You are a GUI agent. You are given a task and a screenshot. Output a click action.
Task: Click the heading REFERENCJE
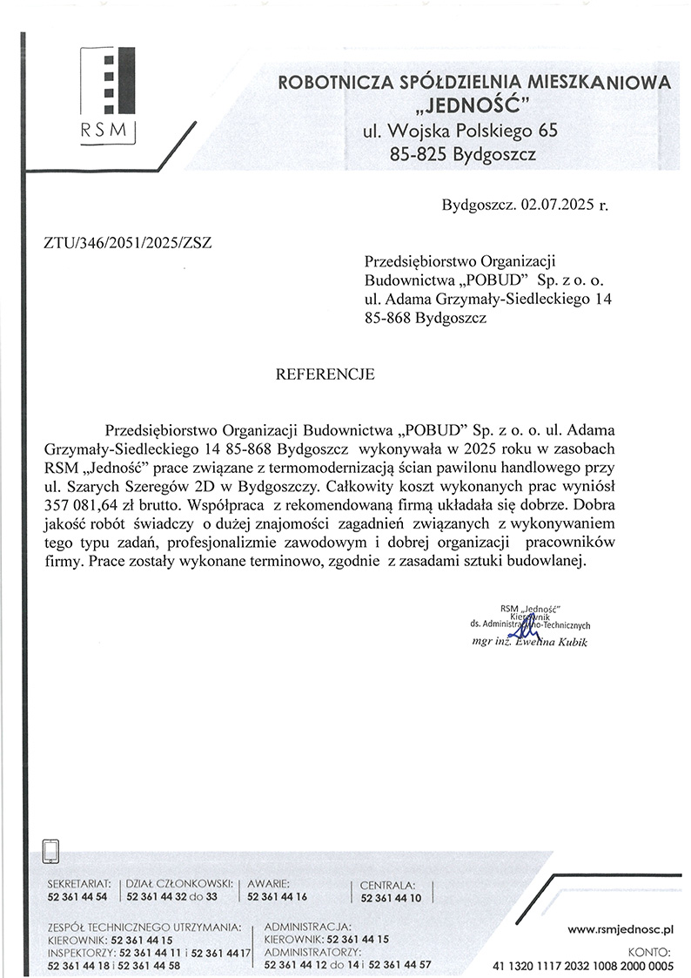point(325,375)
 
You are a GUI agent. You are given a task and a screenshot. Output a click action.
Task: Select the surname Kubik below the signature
point(571,642)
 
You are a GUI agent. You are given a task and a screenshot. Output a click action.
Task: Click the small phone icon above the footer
point(51,849)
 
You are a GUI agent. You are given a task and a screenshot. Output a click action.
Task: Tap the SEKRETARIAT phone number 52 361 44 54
point(77,896)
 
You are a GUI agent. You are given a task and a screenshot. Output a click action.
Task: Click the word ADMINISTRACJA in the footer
point(306,927)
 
